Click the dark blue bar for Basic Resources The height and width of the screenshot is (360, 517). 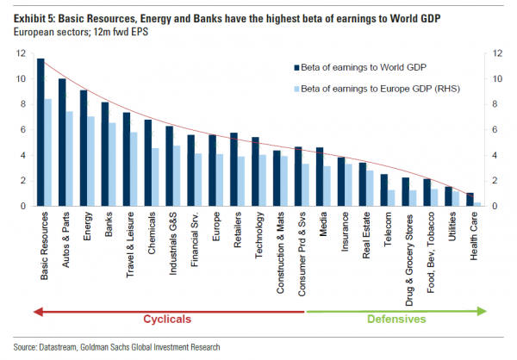40,133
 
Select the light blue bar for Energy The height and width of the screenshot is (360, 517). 90,162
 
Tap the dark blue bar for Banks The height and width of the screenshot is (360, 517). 105,154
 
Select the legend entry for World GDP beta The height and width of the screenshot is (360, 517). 363,66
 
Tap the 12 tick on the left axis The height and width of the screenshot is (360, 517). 19,53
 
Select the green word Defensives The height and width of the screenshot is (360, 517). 397,320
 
